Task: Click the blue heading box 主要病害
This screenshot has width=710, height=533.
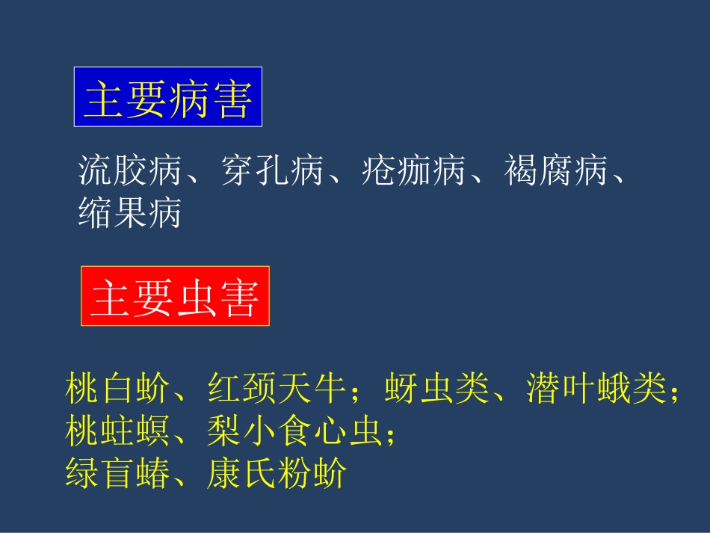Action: point(167,98)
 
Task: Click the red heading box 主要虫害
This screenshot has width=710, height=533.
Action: point(175,296)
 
